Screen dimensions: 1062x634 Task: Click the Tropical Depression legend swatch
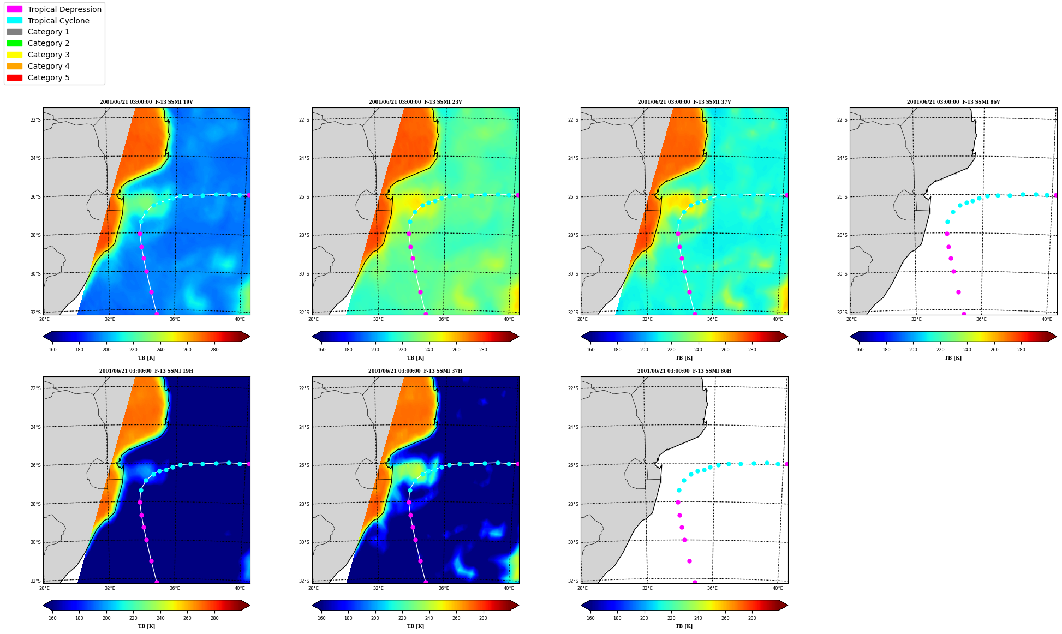[15, 9]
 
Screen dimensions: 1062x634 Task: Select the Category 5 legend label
[49, 77]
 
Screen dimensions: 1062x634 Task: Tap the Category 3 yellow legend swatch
[15, 55]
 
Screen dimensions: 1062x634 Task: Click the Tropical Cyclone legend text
[58, 21]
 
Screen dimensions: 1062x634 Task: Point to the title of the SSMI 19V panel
[146, 102]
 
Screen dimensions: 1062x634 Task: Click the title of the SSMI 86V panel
[953, 102]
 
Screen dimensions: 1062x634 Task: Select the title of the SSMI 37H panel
[415, 371]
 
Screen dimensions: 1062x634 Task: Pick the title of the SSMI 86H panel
[684, 371]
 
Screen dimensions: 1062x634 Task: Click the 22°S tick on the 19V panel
[35, 120]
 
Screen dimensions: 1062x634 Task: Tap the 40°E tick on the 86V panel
[1047, 319]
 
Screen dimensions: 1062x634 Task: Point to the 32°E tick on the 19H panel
[110, 588]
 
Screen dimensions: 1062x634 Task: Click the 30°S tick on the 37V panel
[573, 274]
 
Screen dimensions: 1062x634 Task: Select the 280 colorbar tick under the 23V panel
[483, 350]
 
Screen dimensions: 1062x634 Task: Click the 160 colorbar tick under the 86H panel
[590, 619]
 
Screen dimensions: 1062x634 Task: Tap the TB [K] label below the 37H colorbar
[415, 626]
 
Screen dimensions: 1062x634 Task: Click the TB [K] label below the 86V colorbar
[953, 358]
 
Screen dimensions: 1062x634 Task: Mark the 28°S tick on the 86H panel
[573, 504]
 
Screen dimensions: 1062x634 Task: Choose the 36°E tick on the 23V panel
[444, 319]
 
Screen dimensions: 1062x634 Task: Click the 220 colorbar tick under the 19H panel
[133, 619]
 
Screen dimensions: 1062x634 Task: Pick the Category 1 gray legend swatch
[15, 32]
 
